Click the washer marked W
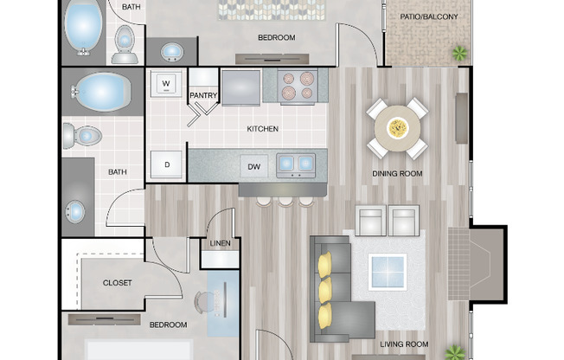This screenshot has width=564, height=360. pos(166,84)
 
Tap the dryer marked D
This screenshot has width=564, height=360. pos(166,164)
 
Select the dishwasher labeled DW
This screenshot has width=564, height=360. pos(254,167)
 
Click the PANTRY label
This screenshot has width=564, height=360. pos(203,95)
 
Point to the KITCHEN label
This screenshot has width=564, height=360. pos(263,129)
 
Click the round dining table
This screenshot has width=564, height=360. pos(397,128)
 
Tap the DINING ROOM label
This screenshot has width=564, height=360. pos(397,174)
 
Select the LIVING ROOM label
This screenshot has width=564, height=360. pos(404,344)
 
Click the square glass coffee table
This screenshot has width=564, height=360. pos(388,272)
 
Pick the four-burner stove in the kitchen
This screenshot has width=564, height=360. pos(298,87)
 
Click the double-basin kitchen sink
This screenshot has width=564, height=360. pos(296,165)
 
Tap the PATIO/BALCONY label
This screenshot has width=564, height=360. pos(429,17)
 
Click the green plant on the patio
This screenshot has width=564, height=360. pos(459,54)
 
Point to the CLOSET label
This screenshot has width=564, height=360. pos(118,283)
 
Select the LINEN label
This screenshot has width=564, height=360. pos(220,243)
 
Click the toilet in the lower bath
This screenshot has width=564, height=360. pos(82,136)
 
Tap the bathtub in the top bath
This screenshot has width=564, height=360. pos(83,28)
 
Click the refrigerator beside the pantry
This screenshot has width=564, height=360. pos(240,87)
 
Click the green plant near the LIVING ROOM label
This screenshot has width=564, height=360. pos(455,353)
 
